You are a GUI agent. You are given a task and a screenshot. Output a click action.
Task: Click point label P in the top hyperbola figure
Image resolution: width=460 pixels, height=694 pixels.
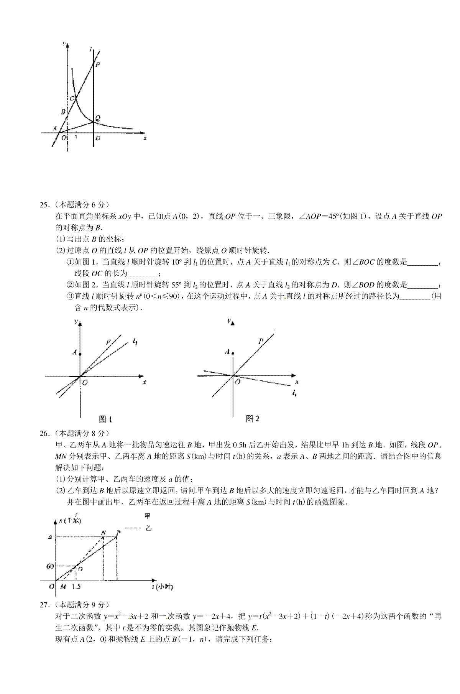click(98, 65)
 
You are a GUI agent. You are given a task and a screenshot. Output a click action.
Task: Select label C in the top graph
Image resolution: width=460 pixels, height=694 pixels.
click(72, 98)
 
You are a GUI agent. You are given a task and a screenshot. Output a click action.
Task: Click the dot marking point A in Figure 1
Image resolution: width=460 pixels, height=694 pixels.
click(80, 354)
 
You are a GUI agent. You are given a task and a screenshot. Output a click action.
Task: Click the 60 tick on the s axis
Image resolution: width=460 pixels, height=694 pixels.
click(50, 566)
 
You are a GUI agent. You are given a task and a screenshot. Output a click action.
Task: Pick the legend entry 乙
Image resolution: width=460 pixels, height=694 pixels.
click(149, 528)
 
